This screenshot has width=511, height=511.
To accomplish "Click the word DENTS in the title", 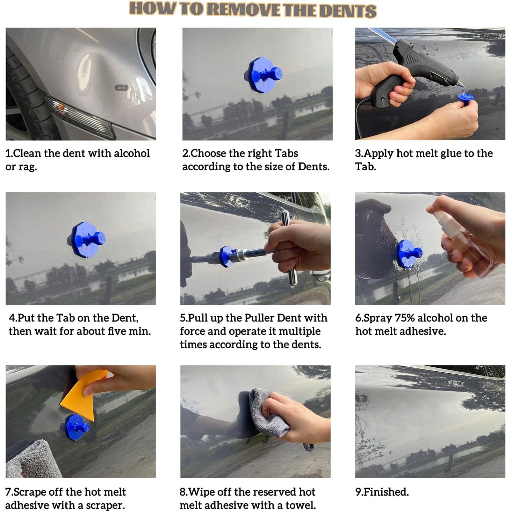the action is [x=347, y=10].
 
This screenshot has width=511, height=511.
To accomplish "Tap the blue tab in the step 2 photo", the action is [x=263, y=75].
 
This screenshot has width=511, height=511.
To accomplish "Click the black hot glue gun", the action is [x=414, y=72].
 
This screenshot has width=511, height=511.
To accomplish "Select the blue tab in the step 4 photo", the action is [x=86, y=239].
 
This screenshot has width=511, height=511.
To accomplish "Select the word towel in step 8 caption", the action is [x=301, y=505].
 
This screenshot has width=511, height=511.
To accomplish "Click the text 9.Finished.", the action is [x=382, y=492].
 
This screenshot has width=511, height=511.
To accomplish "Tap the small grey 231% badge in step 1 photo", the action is [x=121, y=87].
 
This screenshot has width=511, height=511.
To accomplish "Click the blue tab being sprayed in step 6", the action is [x=409, y=254].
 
